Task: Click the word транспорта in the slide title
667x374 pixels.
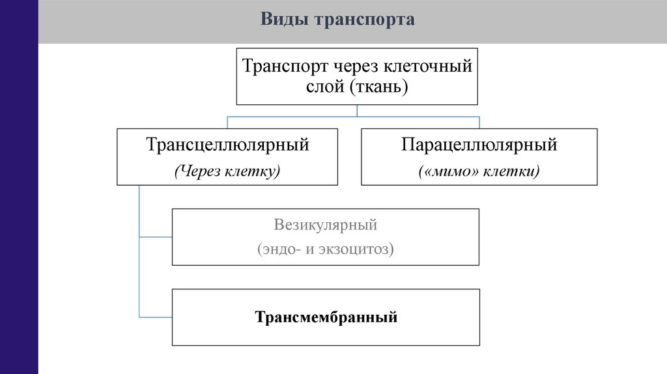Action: coord(365,20)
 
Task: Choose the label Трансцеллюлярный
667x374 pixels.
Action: coord(227,145)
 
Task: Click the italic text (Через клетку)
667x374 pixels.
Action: coord(227,171)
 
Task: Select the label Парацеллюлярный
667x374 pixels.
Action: coord(479,145)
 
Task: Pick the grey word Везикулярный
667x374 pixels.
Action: coord(326,225)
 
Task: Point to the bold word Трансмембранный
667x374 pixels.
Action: coord(326,318)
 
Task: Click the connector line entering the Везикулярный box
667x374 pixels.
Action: coord(156,237)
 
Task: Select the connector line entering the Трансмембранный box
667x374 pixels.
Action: coord(156,317)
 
